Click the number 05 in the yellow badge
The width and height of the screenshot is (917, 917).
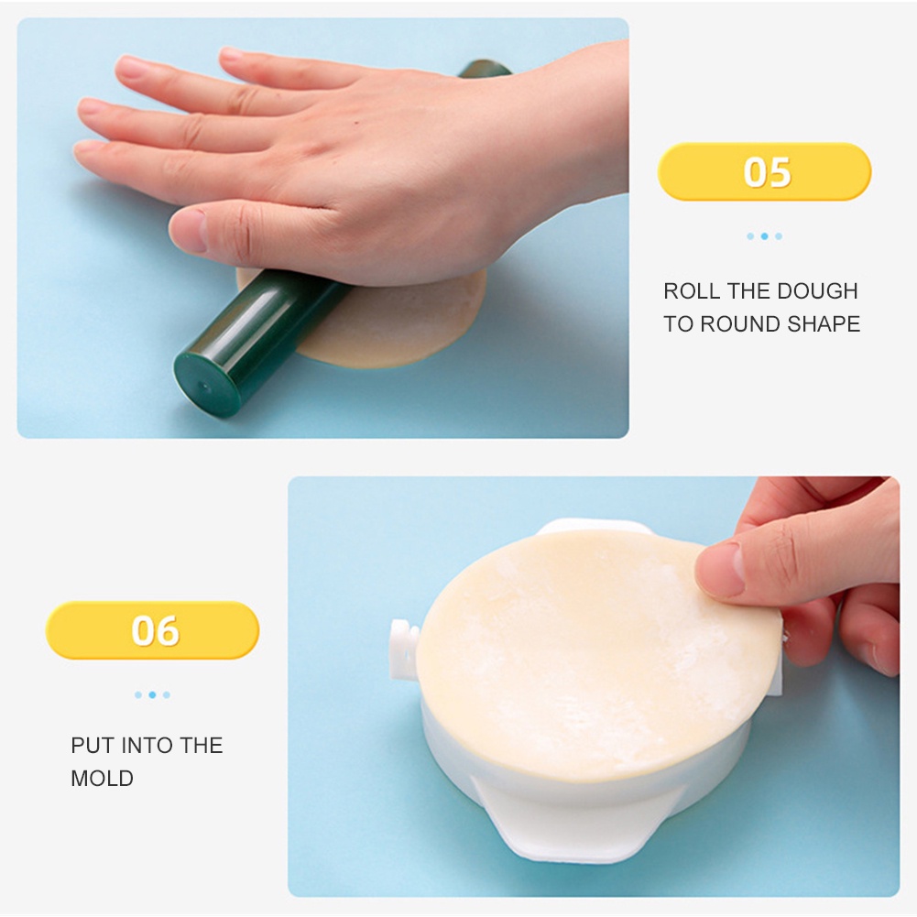(x=766, y=172)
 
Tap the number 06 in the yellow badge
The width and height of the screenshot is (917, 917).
(x=155, y=631)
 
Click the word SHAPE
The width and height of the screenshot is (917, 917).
(x=828, y=324)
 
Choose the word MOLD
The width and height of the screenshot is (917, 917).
(x=103, y=779)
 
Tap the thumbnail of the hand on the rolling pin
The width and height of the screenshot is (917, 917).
(x=187, y=230)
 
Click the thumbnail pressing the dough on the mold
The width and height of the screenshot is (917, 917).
(x=720, y=569)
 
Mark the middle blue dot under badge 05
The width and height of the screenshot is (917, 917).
(x=764, y=236)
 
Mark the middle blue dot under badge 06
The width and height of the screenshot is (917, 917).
(x=152, y=695)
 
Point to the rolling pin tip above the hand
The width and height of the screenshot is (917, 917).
(x=485, y=69)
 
